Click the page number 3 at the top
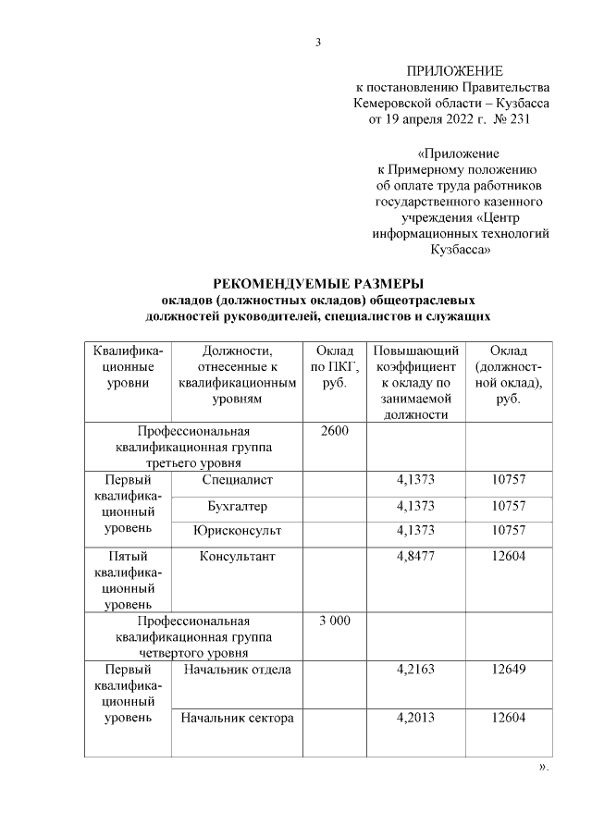317,42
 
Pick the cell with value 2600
334,431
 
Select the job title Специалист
238,479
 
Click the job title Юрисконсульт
238,530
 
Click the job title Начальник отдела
238,669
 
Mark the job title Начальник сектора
238,718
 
